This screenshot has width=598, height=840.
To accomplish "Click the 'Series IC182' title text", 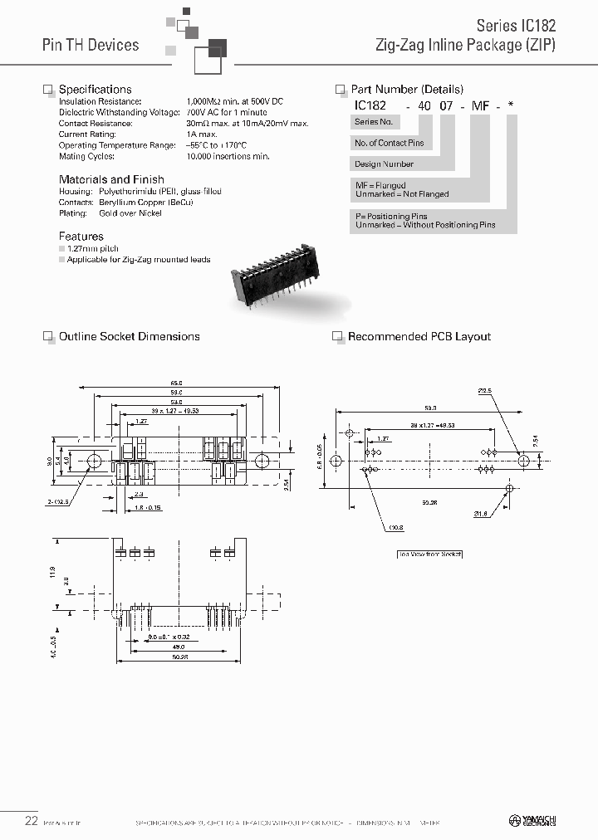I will pyautogui.click(x=515, y=26).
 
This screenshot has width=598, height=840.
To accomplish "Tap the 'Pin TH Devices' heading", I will pyautogui.click(x=91, y=45).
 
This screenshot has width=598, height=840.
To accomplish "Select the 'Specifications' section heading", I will pyautogui.click(x=95, y=89).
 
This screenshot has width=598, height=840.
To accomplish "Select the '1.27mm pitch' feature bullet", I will pyautogui.click(x=94, y=248).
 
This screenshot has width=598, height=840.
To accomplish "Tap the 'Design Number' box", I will pyautogui.click(x=384, y=164).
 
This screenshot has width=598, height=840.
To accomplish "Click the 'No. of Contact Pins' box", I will pyautogui.click(x=389, y=143).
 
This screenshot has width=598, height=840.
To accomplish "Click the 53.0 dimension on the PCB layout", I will pyautogui.click(x=430, y=408).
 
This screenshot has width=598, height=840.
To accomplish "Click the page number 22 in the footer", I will pyautogui.click(x=31, y=820).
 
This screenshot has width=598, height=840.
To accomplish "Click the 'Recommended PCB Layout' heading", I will pyautogui.click(x=419, y=336).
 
